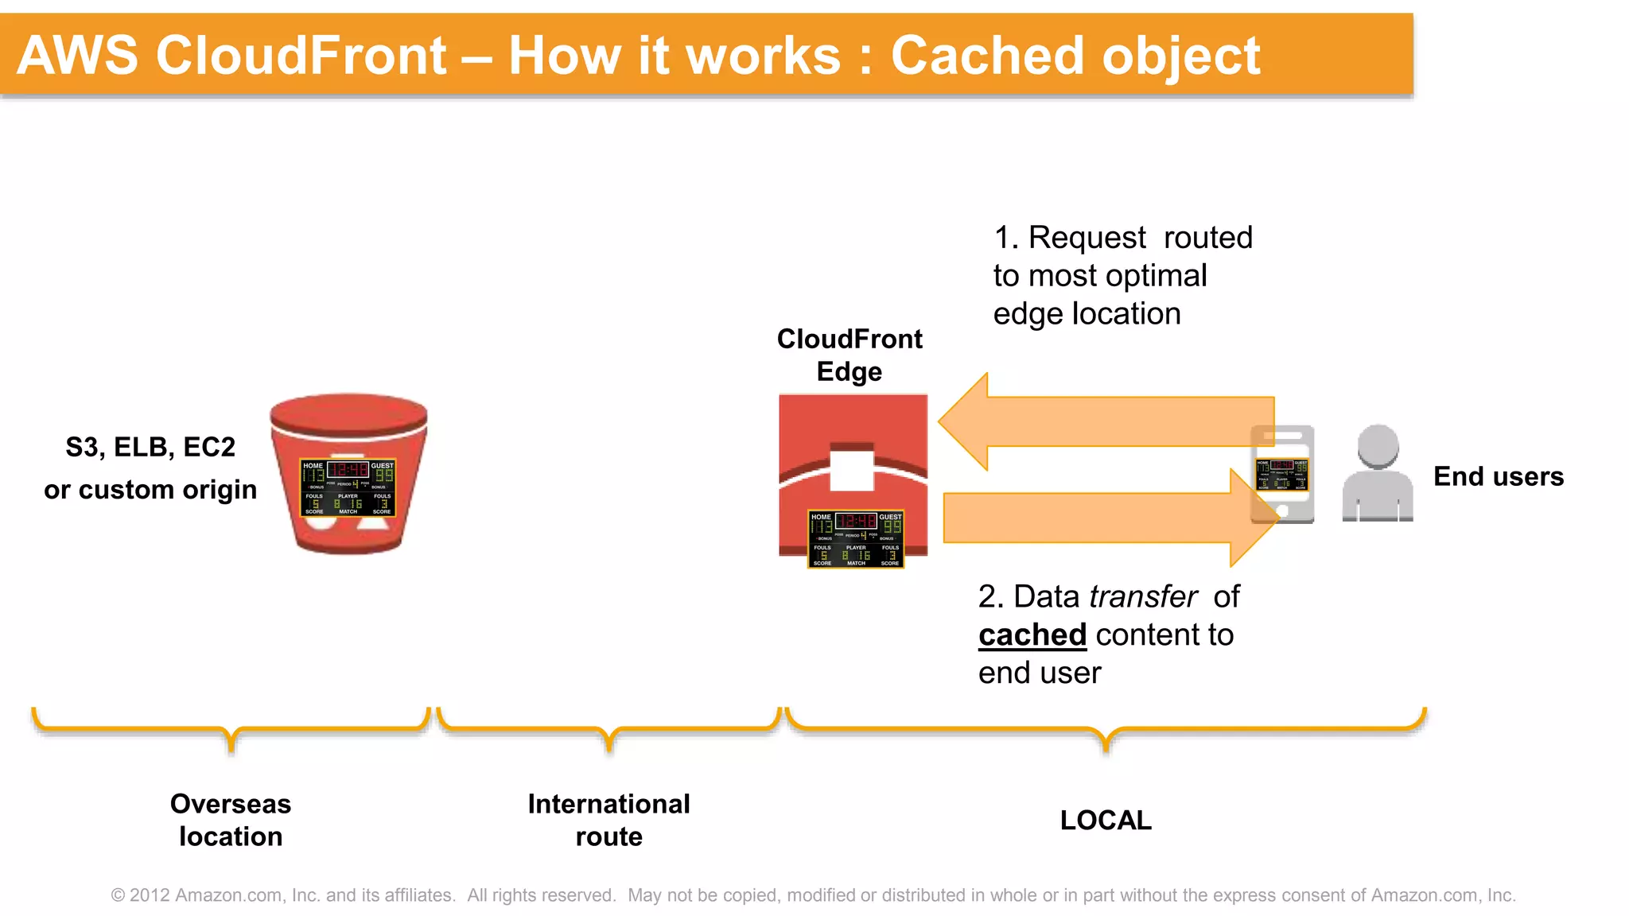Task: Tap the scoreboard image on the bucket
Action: point(348,487)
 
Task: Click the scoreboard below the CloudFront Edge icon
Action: point(856,539)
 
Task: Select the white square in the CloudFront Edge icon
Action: point(852,470)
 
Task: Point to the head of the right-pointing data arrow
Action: point(1254,518)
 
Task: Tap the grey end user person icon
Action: point(1377,474)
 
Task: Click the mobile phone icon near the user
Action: point(1282,474)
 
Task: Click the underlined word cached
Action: point(1032,635)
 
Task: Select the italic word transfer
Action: point(1143,596)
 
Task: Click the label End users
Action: point(1498,476)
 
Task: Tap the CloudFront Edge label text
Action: point(849,355)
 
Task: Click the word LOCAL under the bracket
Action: point(1105,820)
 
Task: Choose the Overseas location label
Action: point(231,820)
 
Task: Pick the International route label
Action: point(608,820)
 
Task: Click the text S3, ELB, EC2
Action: point(150,447)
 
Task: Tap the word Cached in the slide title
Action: point(987,56)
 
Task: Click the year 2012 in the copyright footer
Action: point(150,895)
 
